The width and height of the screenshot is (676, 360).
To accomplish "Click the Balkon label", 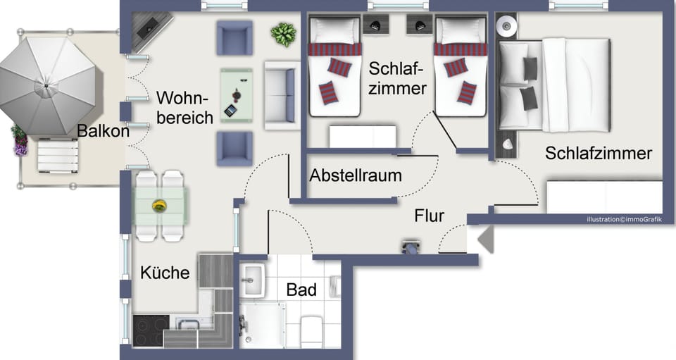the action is [103, 131].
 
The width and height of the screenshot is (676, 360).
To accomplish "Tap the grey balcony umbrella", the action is [47, 85].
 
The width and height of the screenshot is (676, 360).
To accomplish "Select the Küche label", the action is [165, 273].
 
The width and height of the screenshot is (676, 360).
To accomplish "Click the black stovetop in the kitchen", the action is [151, 330].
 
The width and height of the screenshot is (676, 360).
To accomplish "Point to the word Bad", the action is [301, 290].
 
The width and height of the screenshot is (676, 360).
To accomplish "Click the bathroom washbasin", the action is [252, 280].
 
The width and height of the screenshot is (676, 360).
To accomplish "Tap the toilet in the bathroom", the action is [312, 331].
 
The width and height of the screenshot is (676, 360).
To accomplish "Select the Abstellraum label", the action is [356, 175].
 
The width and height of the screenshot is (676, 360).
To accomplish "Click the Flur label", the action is [429, 216].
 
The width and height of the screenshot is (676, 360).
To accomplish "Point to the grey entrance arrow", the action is [486, 240].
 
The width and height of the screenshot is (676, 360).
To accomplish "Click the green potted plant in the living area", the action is [283, 35].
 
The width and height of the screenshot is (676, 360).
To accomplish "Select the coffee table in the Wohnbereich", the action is [237, 95].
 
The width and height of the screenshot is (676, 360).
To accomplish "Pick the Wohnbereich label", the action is [184, 108].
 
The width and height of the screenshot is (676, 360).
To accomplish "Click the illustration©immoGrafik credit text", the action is [624, 219].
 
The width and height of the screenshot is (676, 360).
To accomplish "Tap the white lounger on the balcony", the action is [58, 155].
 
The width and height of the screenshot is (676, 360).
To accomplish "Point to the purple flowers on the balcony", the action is [20, 141].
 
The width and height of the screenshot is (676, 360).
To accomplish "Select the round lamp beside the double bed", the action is [506, 27].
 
